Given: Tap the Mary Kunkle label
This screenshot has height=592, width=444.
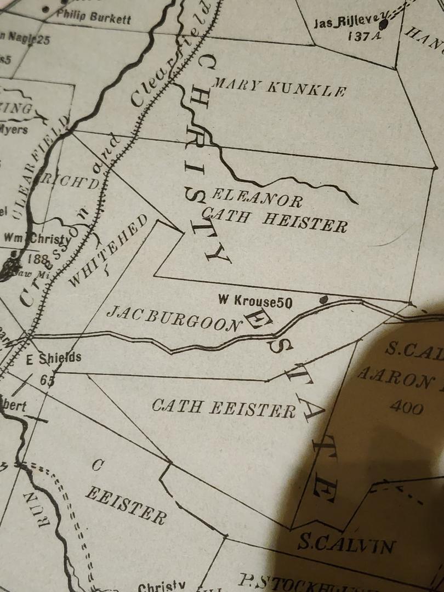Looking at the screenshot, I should (278, 88).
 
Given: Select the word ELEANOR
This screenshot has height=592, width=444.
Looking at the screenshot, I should (257, 198).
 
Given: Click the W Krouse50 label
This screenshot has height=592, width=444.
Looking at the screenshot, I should (255, 301).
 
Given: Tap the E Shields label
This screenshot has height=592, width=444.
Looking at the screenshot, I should (54, 358).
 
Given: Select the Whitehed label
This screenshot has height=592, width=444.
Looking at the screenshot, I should (107, 251).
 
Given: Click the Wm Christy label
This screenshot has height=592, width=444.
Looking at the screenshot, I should (37, 238).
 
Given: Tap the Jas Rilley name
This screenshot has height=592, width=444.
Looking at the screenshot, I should (345, 22).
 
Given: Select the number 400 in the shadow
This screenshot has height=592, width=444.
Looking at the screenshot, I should (406, 407).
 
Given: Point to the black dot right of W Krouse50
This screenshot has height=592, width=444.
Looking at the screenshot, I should (323, 299).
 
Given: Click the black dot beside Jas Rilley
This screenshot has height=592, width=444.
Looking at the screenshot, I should (383, 24).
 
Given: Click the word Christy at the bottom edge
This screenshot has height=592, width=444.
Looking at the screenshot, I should (162, 587).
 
